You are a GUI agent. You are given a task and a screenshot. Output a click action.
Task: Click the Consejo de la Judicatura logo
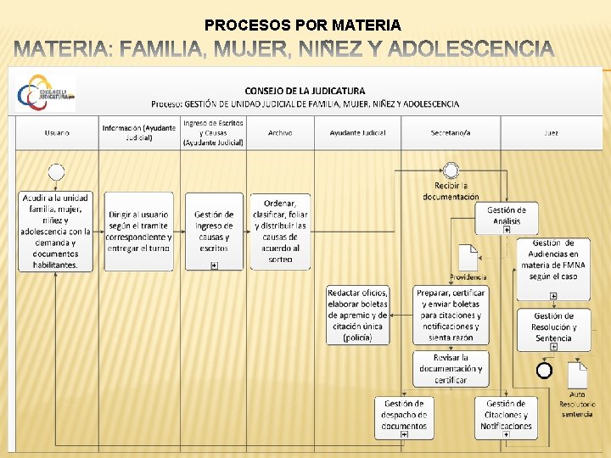pyautogui.click(x=46, y=92)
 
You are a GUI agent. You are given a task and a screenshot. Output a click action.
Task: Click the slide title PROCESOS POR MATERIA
pyautogui.click(x=303, y=25)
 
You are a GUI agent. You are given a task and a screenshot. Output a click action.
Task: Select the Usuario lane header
pyautogui.click(x=57, y=132)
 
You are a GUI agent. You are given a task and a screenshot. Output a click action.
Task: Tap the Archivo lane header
pyautogui.click(x=280, y=132)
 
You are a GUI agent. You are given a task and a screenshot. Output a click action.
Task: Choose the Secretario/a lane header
pyautogui.click(x=451, y=132)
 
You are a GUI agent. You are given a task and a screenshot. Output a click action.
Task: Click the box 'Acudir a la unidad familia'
pyautogui.click(x=56, y=231)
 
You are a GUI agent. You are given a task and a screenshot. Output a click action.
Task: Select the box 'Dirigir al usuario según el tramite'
pyautogui.click(x=140, y=231)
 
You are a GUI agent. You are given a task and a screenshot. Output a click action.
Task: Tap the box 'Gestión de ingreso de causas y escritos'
pyautogui.click(x=214, y=231)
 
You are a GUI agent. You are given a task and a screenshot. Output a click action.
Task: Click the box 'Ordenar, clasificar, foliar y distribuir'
pyautogui.click(x=280, y=231)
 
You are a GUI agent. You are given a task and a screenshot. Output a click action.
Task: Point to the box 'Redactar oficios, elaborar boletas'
pyautogui.click(x=358, y=315)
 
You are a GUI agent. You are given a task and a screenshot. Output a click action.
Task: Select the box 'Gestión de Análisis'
pyautogui.click(x=507, y=217)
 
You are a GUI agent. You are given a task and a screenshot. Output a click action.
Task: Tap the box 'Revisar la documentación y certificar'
pyautogui.click(x=451, y=369)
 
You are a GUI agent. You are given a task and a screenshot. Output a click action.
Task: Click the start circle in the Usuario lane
pyautogui.click(x=57, y=172)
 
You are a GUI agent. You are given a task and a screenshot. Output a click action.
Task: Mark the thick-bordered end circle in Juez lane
pyautogui.click(x=544, y=370)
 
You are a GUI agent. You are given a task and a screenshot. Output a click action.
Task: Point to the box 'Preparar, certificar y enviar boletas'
pyautogui.click(x=451, y=315)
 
